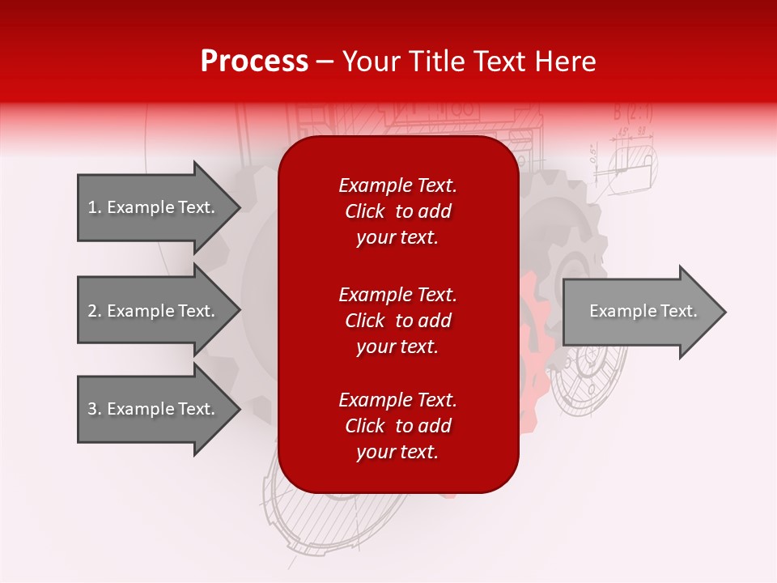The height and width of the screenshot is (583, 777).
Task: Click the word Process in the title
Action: pyautogui.click(x=254, y=62)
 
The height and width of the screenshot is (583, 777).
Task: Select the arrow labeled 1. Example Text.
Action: pyautogui.click(x=154, y=207)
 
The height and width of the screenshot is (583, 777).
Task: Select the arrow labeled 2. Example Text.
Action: pyautogui.click(x=154, y=311)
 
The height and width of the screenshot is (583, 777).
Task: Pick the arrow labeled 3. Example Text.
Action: pyautogui.click(x=154, y=409)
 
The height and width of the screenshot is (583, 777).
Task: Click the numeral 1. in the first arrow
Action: pyautogui.click(x=94, y=207)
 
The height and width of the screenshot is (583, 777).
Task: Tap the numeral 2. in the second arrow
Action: pyautogui.click(x=94, y=311)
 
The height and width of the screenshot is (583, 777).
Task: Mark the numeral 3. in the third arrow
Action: pyautogui.click(x=94, y=409)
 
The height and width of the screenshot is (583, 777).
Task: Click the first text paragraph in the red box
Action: pyautogui.click(x=398, y=211)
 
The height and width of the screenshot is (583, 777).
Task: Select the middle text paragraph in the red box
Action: pyautogui.click(x=398, y=320)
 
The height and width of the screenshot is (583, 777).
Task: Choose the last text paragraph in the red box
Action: pyautogui.click(x=398, y=426)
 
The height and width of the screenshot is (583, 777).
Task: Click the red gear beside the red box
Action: pyautogui.click(x=534, y=324)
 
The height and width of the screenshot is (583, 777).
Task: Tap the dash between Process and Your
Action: pyautogui.click(x=325, y=62)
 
